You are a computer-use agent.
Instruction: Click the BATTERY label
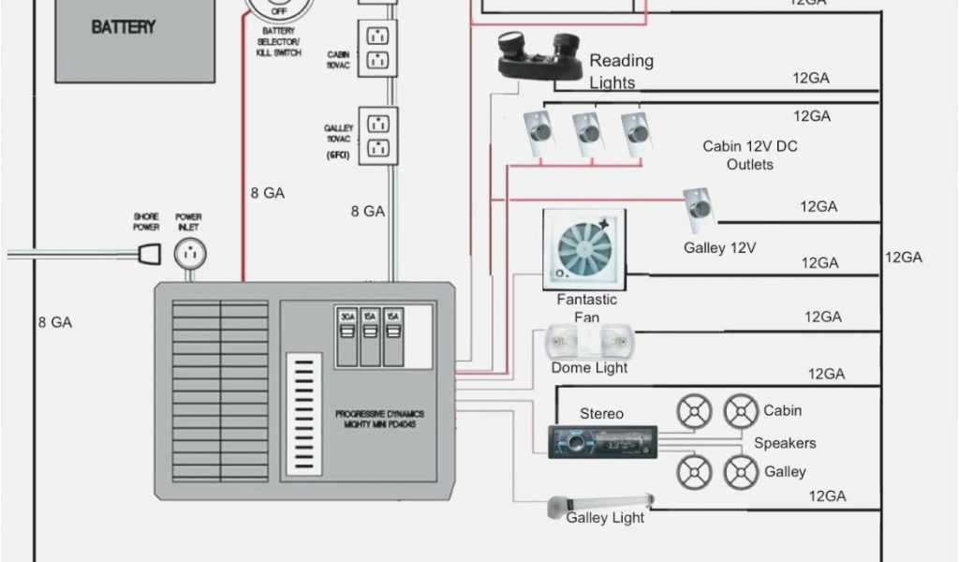point(123,27)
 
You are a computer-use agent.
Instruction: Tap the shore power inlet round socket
point(190,253)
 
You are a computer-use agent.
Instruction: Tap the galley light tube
point(600,506)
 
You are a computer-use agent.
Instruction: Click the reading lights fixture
point(540,57)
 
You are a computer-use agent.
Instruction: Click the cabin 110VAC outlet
point(377,48)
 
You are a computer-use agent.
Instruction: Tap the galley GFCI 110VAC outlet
point(378,136)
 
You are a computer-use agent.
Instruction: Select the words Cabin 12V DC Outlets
point(749,155)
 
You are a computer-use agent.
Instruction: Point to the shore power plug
point(147,252)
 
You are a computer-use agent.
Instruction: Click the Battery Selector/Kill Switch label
point(278,44)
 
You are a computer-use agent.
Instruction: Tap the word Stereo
point(601,413)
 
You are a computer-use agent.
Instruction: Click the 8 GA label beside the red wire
point(267,193)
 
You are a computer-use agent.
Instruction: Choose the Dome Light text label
point(589,368)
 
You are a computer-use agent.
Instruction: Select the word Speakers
point(785,443)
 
